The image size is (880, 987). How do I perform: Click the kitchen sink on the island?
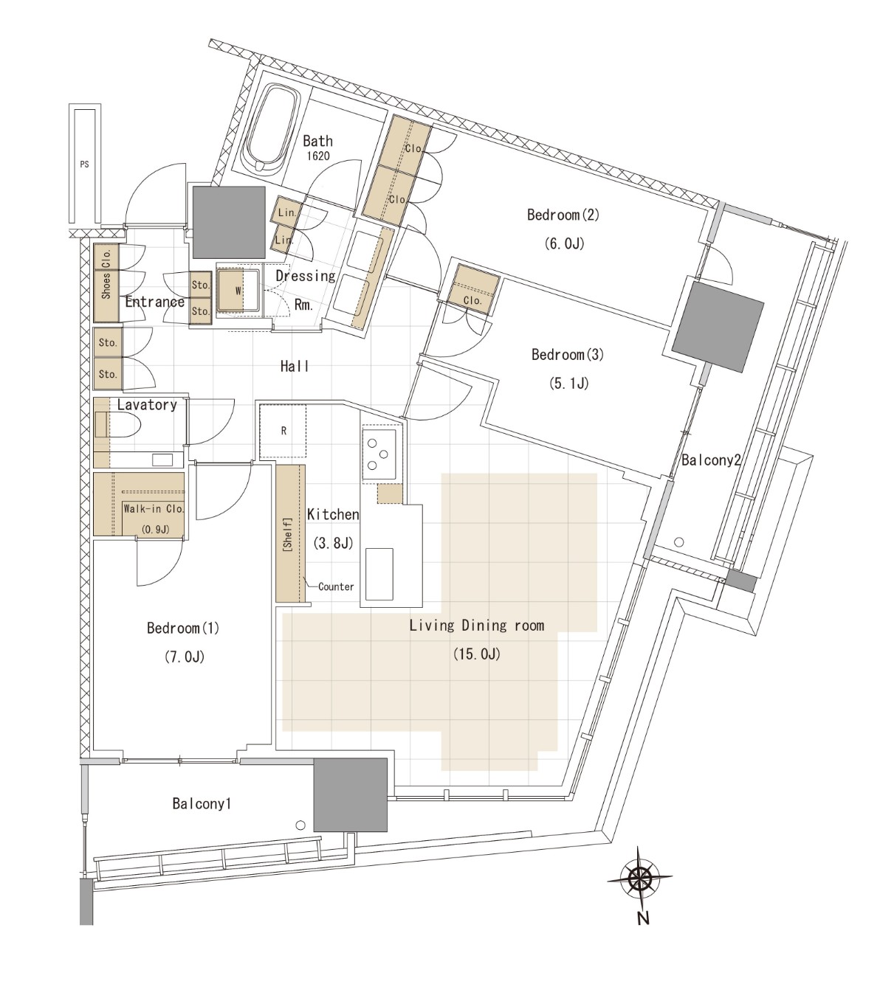[x=379, y=574]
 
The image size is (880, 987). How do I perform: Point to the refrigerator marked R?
[x=283, y=430]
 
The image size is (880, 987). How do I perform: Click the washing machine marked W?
[x=238, y=291]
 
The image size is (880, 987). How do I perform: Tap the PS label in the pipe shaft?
[x=84, y=164]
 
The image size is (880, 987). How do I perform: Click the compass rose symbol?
[x=639, y=879]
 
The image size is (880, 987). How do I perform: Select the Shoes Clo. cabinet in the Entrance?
[x=106, y=283]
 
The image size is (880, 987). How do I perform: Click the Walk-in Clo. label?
[x=154, y=509]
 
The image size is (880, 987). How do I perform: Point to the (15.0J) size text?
[x=477, y=654]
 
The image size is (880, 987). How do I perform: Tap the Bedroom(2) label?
[x=563, y=215]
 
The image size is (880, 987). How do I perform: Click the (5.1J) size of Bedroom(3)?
[x=568, y=384]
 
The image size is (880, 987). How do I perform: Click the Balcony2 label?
[x=711, y=460]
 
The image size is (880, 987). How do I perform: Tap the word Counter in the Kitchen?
[x=336, y=586]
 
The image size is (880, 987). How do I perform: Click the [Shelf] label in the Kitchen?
[x=287, y=534]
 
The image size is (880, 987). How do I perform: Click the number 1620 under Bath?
[x=318, y=156]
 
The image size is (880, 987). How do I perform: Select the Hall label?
[x=295, y=366]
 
